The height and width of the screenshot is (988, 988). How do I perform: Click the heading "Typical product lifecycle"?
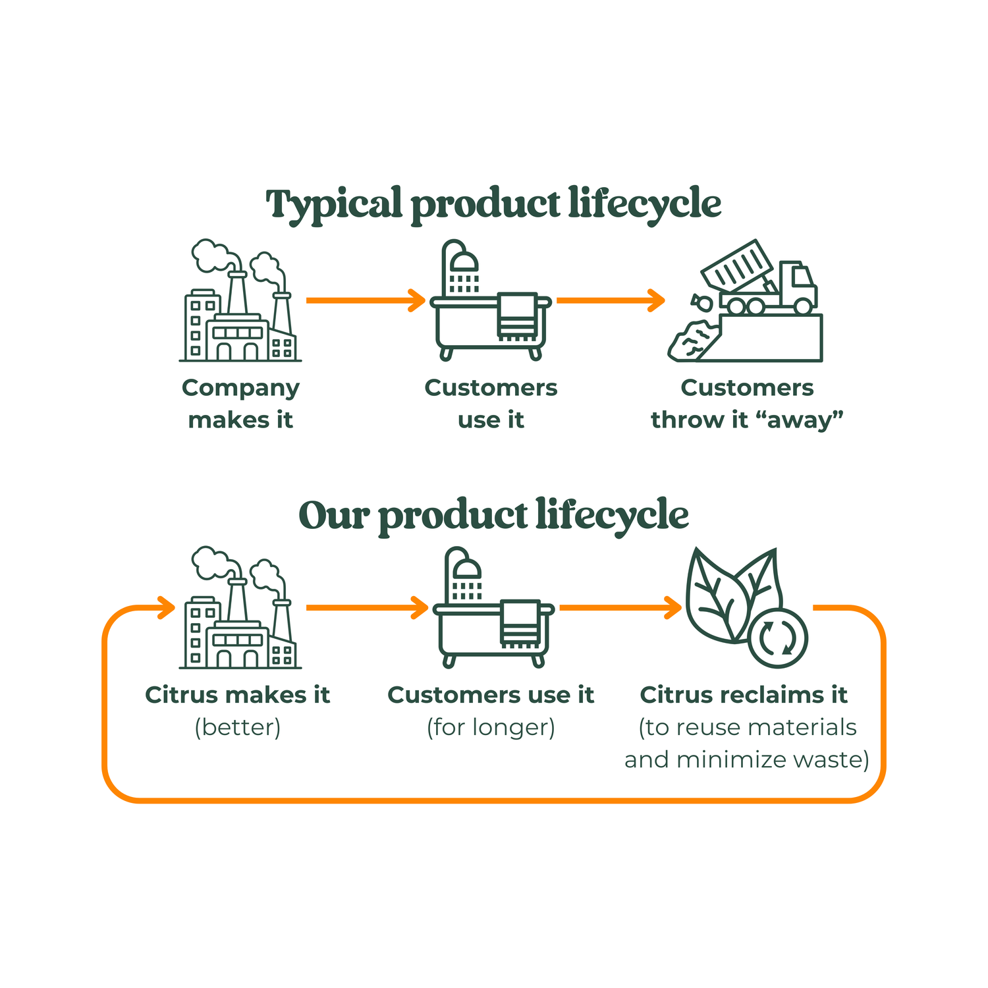[493, 204]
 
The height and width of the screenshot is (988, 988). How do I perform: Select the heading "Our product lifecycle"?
[493, 515]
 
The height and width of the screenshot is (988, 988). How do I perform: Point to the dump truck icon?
[767, 280]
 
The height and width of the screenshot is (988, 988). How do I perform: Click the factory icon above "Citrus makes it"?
[240, 609]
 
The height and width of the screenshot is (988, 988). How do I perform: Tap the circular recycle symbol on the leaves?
[777, 638]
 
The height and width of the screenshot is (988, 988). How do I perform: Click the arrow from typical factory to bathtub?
[366, 300]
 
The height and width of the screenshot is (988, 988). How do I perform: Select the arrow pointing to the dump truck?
[610, 300]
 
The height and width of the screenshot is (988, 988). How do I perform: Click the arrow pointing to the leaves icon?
[619, 607]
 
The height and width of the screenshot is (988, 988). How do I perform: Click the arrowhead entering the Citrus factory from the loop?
[165, 607]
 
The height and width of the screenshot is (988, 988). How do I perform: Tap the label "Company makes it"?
[240, 403]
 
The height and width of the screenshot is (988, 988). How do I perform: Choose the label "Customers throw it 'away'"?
[747, 403]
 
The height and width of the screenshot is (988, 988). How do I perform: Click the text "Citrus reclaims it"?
[744, 695]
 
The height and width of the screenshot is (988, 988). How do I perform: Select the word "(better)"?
[238, 727]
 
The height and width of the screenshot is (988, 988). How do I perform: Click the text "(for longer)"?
[491, 727]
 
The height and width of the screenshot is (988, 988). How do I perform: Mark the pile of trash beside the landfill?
[690, 341]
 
